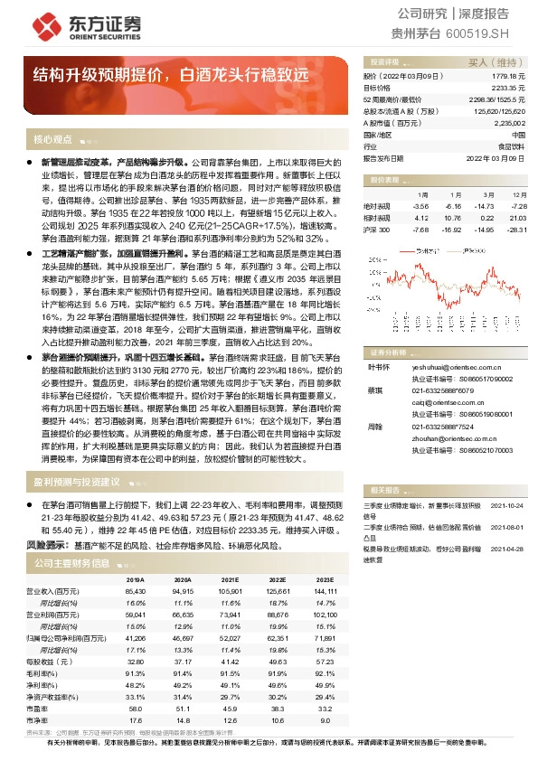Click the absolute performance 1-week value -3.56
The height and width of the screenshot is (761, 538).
(x=419, y=206)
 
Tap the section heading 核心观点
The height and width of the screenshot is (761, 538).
(x=52, y=139)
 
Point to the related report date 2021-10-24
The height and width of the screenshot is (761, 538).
(x=507, y=506)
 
